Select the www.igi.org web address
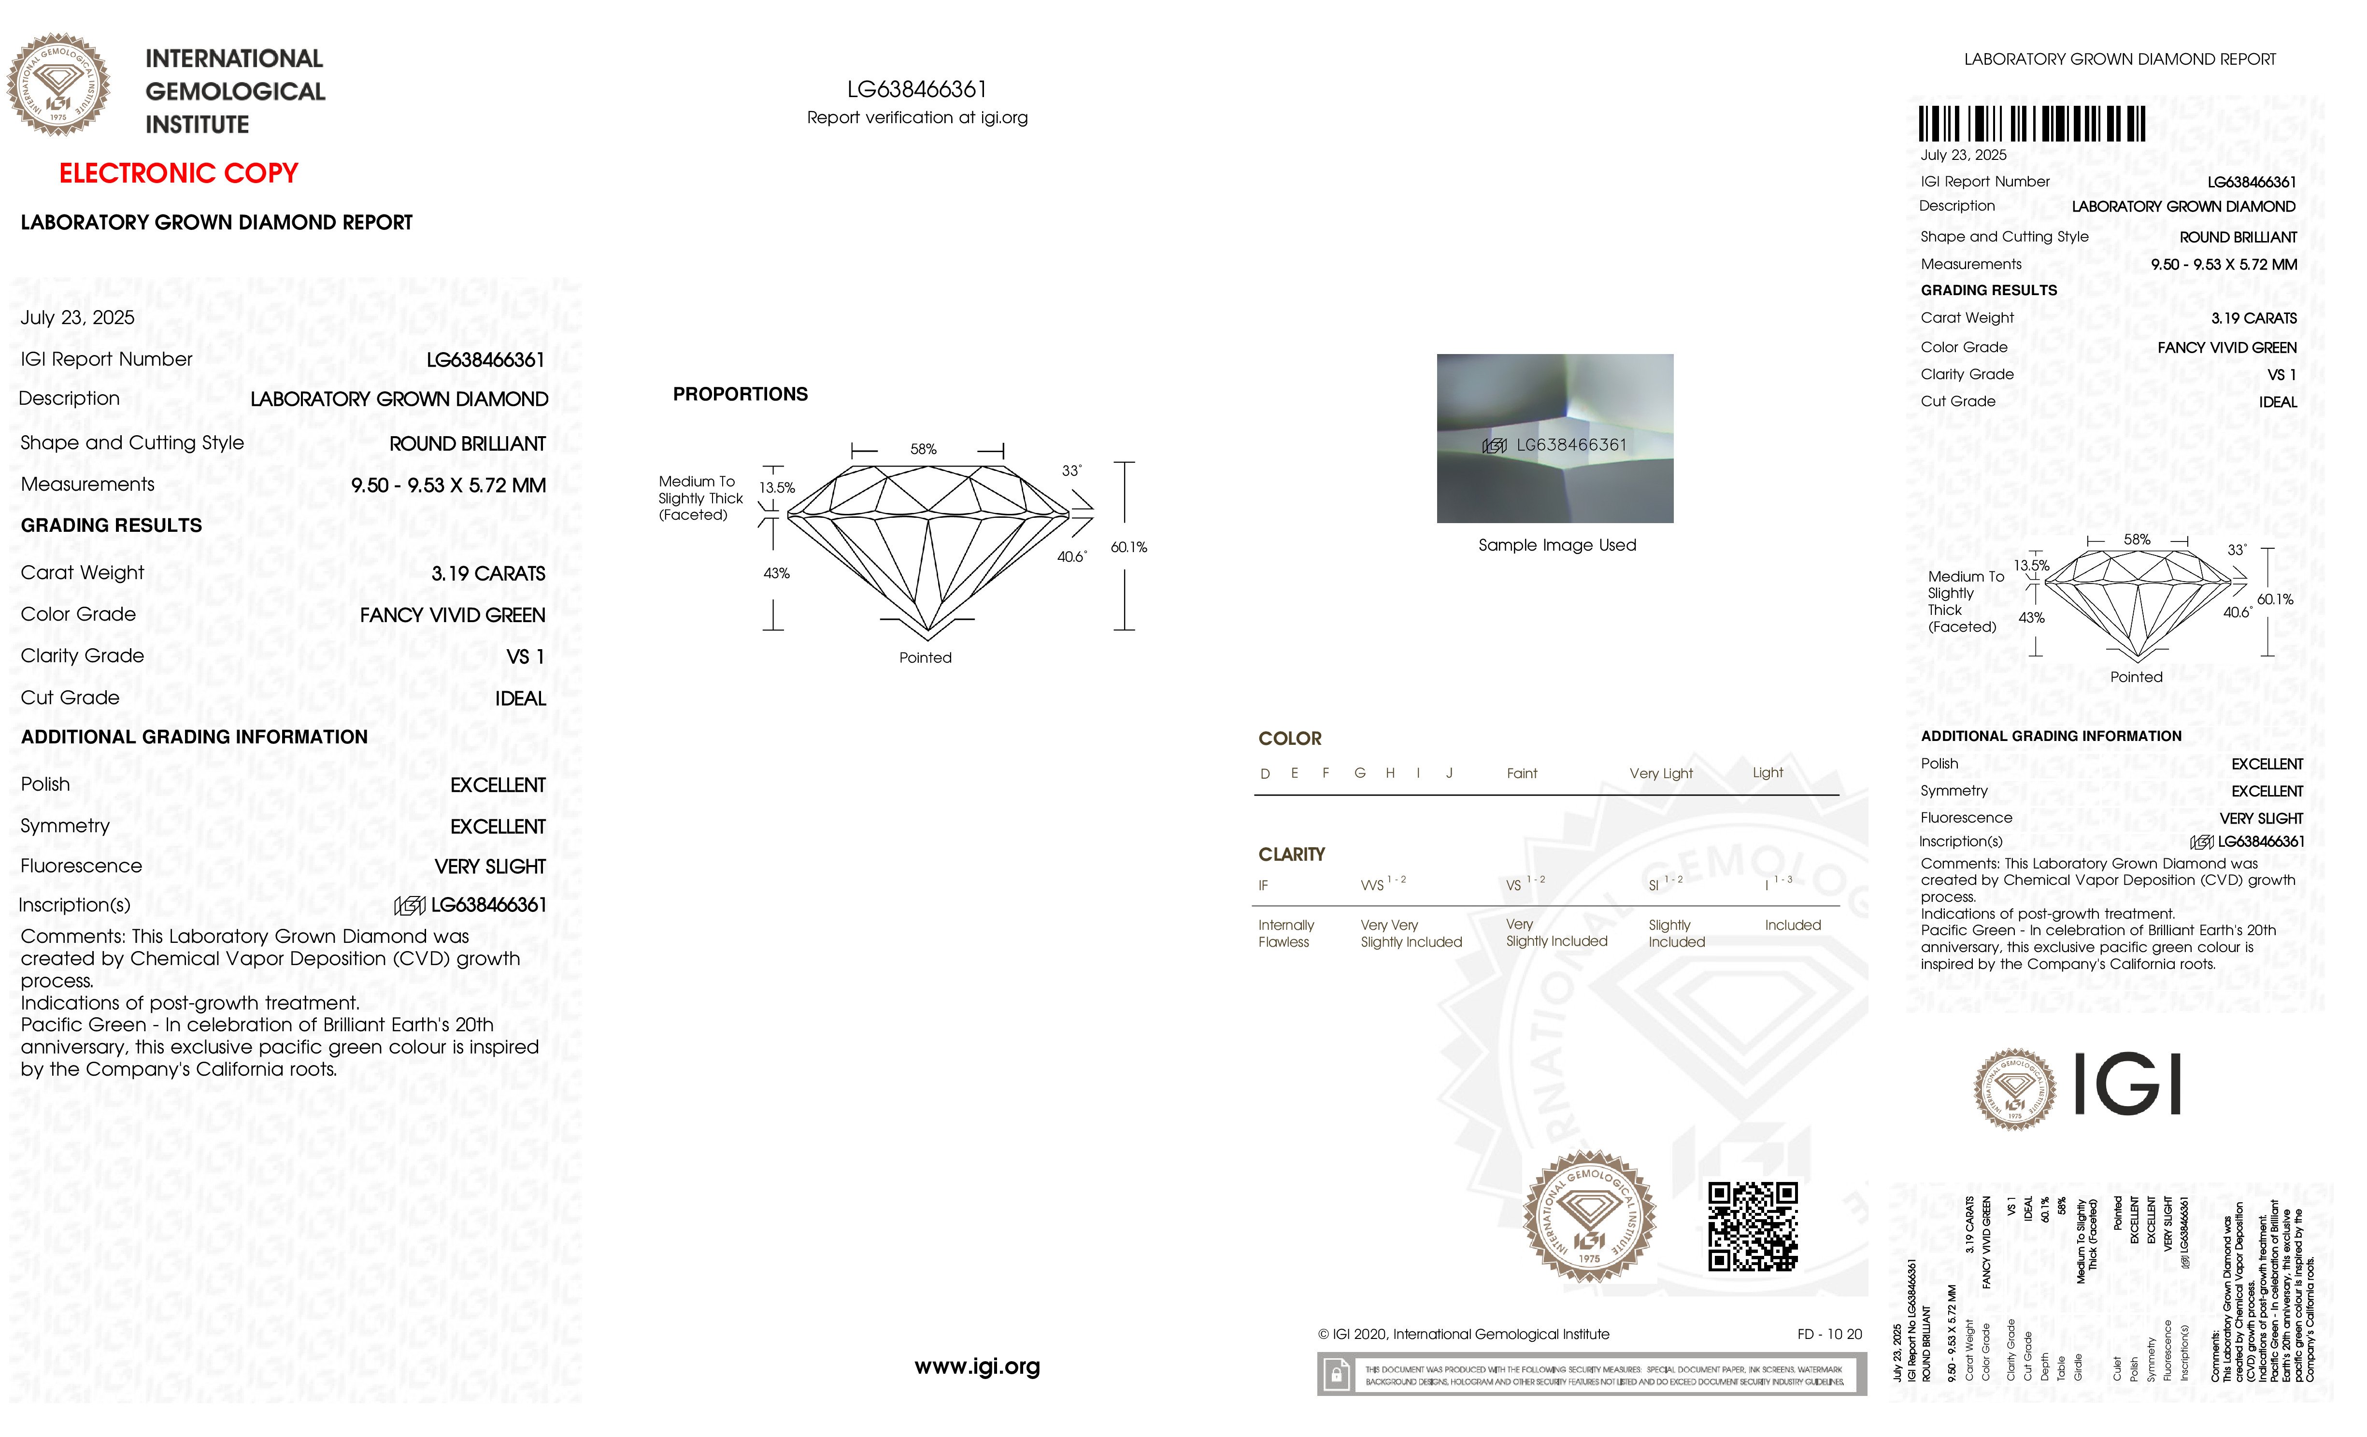pyautogui.click(x=977, y=1366)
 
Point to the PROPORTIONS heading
pyautogui.click(x=740, y=394)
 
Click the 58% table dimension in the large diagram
pyautogui.click(x=923, y=449)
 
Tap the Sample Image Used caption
pyautogui.click(x=1556, y=545)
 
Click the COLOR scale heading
pyautogui.click(x=1289, y=738)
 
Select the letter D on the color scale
pyautogui.click(x=1265, y=773)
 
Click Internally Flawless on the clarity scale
pyautogui.click(x=1285, y=933)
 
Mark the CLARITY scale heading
pyautogui.click(x=1291, y=854)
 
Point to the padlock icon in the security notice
pyautogui.click(x=1335, y=1375)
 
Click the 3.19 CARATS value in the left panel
pyautogui.click(x=488, y=573)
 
